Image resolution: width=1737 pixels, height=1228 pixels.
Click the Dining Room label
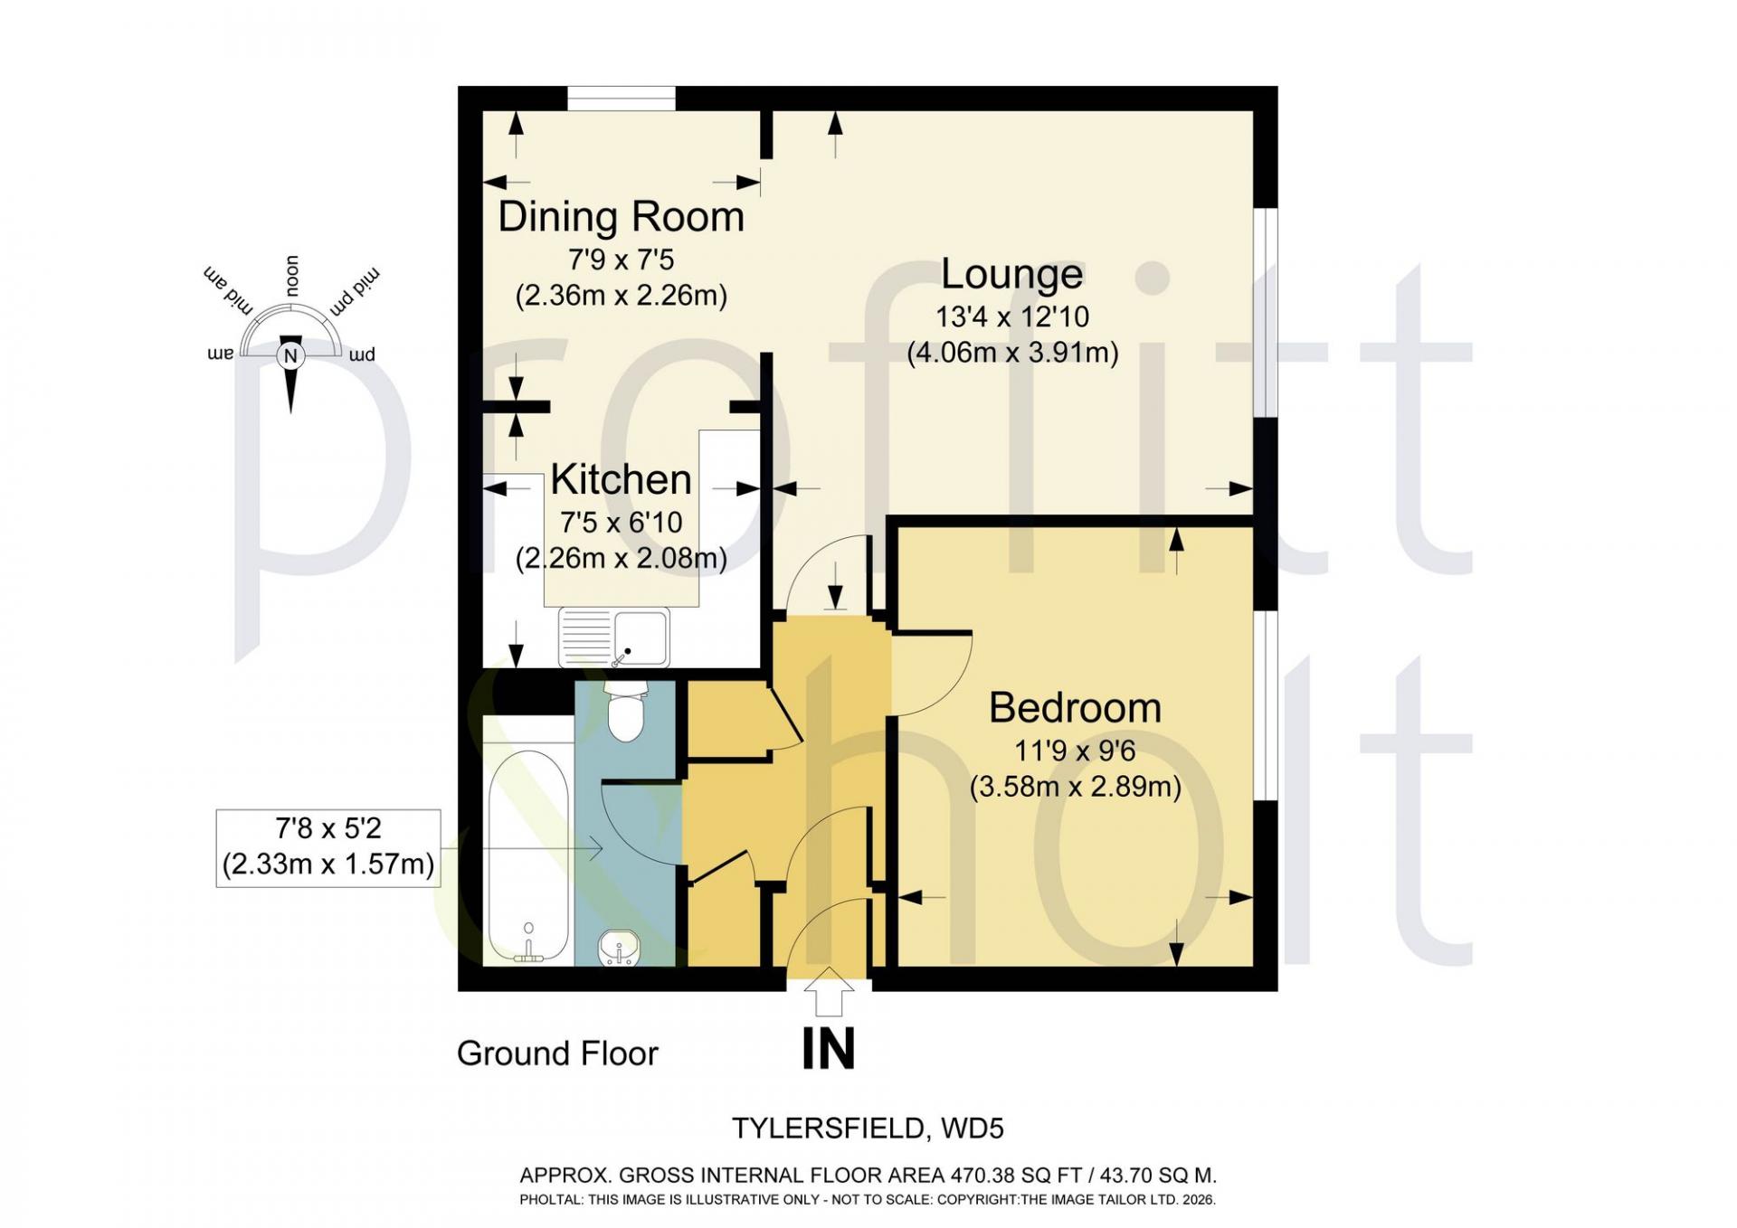click(621, 217)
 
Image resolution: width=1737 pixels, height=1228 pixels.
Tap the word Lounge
click(1012, 274)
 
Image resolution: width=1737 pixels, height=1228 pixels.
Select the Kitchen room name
click(621, 479)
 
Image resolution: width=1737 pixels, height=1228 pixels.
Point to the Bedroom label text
click(1075, 707)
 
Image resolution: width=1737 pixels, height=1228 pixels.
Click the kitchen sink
click(614, 637)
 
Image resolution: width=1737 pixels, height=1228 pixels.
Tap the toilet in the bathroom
click(624, 712)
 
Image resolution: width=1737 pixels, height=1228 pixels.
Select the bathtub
click(529, 855)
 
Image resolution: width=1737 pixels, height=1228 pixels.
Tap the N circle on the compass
click(290, 355)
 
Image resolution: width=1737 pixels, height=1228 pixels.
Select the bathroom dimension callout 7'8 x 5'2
click(328, 847)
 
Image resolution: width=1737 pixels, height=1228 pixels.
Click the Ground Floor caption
click(557, 1053)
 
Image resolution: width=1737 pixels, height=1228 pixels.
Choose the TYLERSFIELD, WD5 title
click(868, 1129)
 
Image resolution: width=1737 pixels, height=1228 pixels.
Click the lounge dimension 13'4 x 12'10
click(1012, 317)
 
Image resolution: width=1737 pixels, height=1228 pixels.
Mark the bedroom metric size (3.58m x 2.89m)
click(1076, 787)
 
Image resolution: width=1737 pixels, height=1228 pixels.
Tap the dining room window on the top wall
click(621, 98)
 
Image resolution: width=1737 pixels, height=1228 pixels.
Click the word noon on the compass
click(292, 276)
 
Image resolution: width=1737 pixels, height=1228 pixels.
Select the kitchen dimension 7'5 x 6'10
click(621, 523)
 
